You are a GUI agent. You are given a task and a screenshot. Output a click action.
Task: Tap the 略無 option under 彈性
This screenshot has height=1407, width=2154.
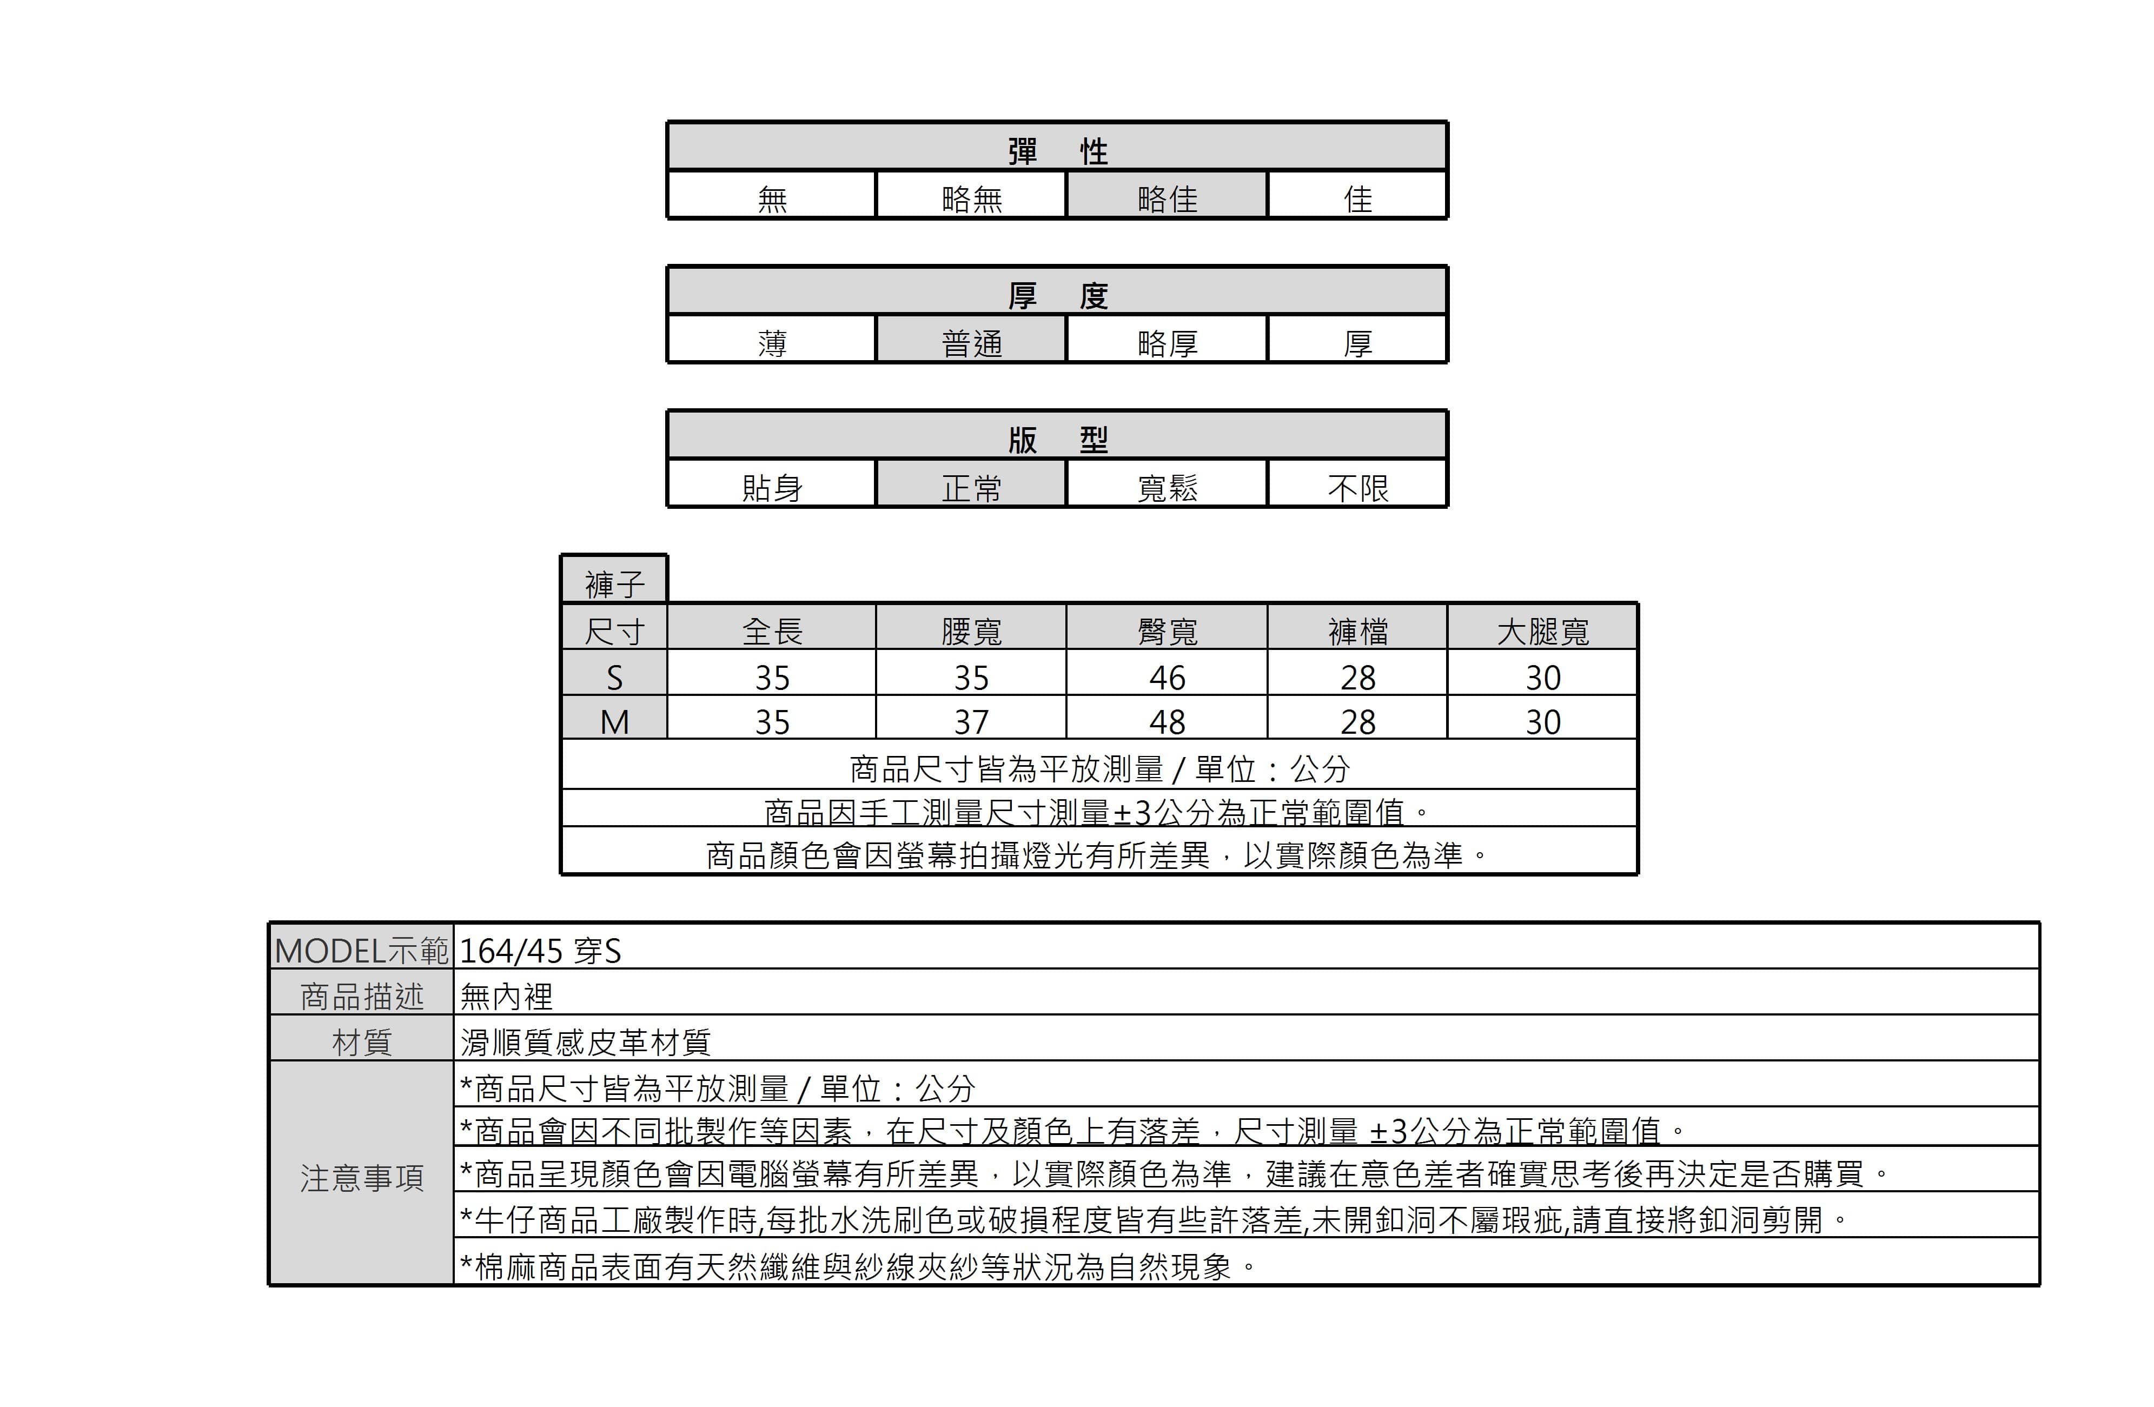pos(971,199)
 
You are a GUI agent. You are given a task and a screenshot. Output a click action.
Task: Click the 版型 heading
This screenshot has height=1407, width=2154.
pos(1057,441)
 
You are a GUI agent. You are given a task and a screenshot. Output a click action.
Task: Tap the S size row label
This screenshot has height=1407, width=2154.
pos(614,678)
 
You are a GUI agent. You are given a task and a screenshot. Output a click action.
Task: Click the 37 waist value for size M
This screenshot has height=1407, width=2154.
pos(971,722)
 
